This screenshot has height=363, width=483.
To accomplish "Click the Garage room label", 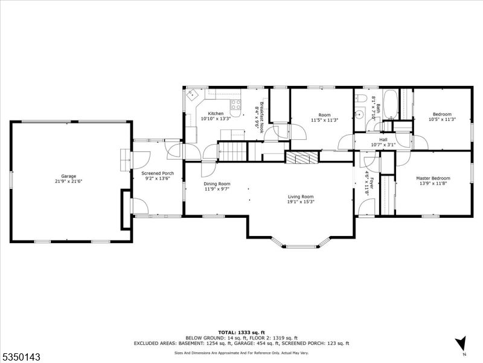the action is click(x=68, y=176).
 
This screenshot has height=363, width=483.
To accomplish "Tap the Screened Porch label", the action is click(x=158, y=173).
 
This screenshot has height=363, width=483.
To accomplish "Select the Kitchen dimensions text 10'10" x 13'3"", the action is click(x=216, y=118).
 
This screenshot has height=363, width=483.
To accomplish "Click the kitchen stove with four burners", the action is click(x=236, y=104).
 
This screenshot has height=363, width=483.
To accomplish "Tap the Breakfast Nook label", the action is click(x=262, y=117).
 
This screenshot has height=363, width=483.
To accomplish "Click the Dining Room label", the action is click(x=217, y=184).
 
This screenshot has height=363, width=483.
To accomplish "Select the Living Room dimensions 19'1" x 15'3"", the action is click(x=301, y=201).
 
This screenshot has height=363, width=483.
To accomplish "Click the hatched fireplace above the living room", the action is click(x=301, y=157).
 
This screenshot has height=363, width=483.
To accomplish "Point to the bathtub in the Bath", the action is click(x=391, y=105).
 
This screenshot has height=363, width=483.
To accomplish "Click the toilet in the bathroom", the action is click(x=360, y=98).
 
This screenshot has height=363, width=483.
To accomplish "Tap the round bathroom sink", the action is click(x=359, y=114).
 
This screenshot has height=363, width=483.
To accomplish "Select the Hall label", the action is click(x=383, y=140).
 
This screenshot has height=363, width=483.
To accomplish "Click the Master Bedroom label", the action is click(x=433, y=178).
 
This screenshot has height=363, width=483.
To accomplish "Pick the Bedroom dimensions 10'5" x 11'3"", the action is click(x=442, y=119).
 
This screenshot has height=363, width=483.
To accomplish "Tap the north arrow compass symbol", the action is click(x=461, y=343).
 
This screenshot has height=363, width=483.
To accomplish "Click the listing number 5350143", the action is click(x=21, y=357).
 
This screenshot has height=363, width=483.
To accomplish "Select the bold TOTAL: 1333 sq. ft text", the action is click(x=241, y=332).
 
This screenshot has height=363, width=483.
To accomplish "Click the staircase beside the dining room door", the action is click(x=232, y=151).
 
